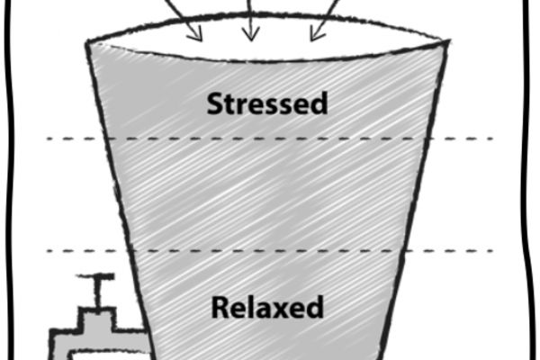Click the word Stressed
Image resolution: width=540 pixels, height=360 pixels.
coord(267,103)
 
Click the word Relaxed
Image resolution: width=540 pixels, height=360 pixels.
coord(267,307)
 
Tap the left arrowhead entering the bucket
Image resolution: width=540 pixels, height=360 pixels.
coord(195,34)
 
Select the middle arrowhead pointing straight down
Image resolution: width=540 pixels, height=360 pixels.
coord(251,34)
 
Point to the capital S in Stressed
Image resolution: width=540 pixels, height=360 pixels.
coord(214,103)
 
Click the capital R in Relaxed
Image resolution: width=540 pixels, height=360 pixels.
coord(219,307)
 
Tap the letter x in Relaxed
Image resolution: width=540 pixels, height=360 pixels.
coord(281,310)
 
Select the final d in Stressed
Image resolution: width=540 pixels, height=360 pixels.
coord(319,103)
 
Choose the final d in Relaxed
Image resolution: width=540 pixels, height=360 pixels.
coord(315,307)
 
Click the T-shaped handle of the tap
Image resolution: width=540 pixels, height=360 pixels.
coord(95,276)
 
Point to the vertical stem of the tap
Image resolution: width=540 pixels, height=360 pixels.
coord(99,292)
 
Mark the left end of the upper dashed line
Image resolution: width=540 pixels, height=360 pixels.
coord(48,139)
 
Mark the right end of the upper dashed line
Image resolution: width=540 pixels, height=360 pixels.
coord(491,139)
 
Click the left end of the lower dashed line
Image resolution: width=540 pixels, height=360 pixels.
coord(48,251)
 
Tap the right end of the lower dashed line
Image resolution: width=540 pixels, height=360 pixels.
coord(491,251)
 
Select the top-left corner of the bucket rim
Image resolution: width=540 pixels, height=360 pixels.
coord(86,42)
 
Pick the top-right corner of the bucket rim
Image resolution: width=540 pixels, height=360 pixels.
coord(449,41)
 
